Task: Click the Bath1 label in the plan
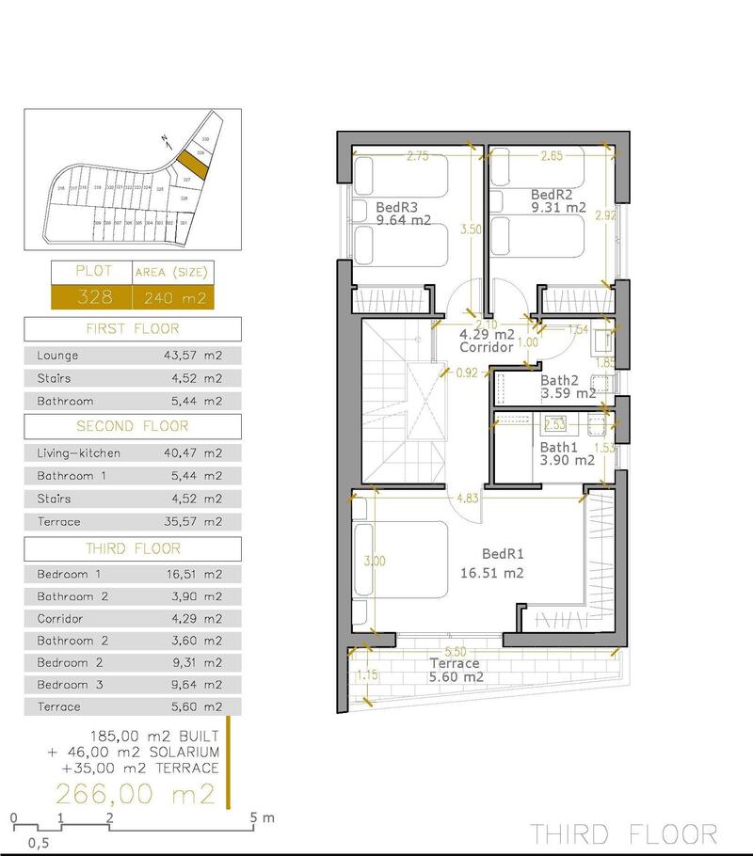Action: click(560, 447)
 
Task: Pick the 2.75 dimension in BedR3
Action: click(419, 157)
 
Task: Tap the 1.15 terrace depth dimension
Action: click(367, 674)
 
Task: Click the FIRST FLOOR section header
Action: click(133, 329)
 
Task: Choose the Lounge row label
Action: click(57, 356)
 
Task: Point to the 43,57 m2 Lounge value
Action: click(193, 356)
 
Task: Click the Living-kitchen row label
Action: click(78, 452)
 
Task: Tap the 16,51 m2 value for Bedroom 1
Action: click(193, 574)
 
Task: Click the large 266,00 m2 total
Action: click(136, 795)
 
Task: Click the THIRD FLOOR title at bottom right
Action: click(622, 833)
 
